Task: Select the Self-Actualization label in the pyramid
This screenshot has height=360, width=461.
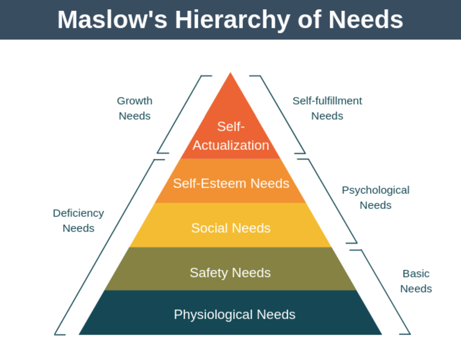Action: (230, 136)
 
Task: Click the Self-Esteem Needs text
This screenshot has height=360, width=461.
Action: (231, 183)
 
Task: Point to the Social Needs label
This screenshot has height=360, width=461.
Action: (231, 228)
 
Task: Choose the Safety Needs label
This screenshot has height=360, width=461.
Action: (230, 272)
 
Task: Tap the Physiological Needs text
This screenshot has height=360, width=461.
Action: (235, 314)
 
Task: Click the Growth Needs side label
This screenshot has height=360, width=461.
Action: (135, 108)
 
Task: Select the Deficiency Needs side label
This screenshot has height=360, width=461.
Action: (78, 220)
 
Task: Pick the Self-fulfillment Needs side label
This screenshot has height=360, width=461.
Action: (327, 108)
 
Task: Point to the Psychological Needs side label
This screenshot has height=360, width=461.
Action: (375, 197)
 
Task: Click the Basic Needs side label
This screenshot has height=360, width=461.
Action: (416, 281)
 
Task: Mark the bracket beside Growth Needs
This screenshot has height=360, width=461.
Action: (180, 114)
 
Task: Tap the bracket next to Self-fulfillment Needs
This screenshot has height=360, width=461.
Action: (281, 114)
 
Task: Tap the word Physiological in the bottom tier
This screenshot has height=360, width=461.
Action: (213, 314)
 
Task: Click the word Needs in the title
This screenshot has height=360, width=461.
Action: (366, 20)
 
